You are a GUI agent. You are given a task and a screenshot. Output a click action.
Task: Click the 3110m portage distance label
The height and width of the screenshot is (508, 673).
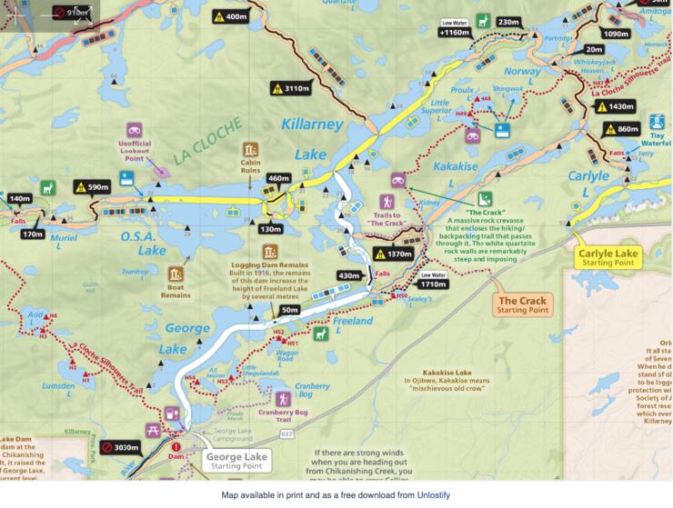tap(292, 88)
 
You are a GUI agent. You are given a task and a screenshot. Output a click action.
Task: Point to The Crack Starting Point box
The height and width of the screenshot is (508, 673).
tap(522, 304)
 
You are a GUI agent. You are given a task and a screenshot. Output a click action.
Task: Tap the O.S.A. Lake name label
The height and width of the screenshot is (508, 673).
tap(144, 244)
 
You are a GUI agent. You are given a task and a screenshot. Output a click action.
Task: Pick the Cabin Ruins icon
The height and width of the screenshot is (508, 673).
tap(250, 150)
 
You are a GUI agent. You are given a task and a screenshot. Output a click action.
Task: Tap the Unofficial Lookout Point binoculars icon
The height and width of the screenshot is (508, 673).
tap(133, 130)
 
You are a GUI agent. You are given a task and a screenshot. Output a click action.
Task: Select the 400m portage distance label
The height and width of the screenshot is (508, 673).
tap(229, 16)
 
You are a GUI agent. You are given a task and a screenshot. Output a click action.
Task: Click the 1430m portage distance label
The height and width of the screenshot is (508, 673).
tap(610, 106)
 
